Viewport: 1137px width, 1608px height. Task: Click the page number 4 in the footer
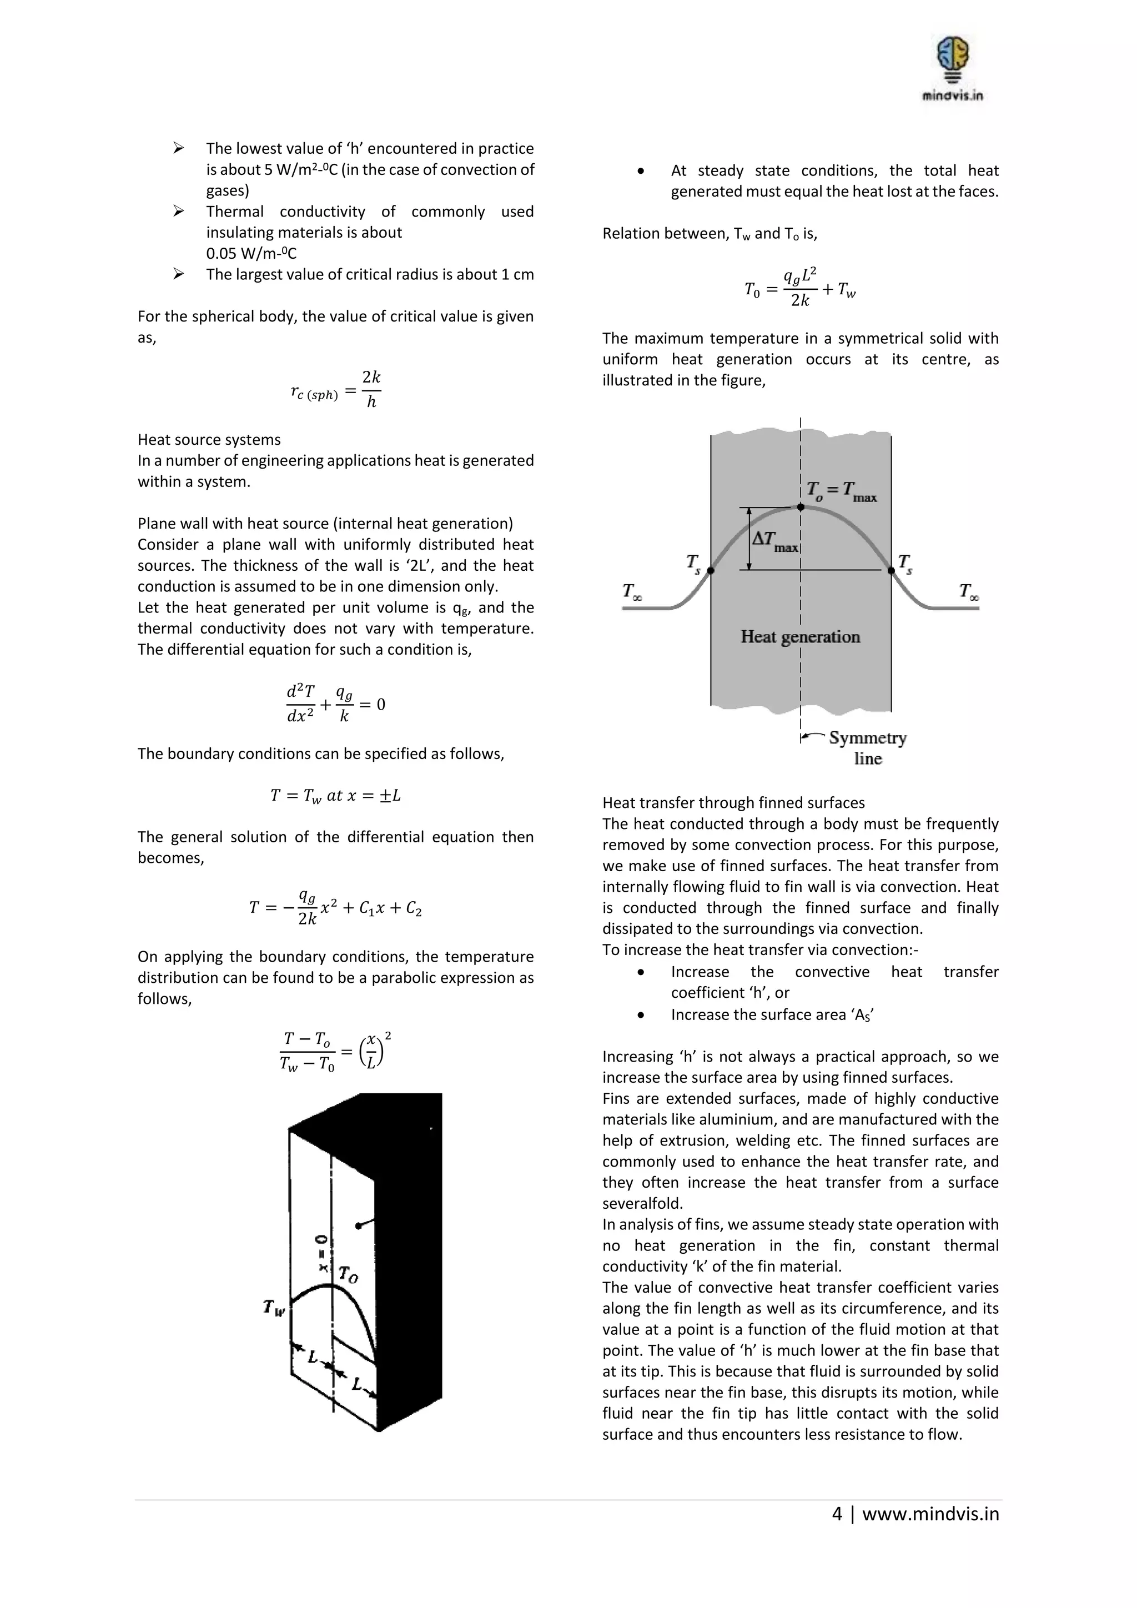click(x=837, y=1514)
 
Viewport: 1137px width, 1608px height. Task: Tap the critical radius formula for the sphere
click(x=335, y=389)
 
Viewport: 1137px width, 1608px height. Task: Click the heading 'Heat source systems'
click(x=209, y=440)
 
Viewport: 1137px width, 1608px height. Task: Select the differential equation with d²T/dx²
click(x=335, y=704)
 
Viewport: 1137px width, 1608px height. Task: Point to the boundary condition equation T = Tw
click(x=335, y=796)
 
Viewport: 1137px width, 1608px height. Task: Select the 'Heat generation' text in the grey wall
click(x=800, y=637)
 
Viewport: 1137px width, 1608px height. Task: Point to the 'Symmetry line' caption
click(x=867, y=747)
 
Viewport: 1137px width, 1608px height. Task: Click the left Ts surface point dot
click(x=711, y=571)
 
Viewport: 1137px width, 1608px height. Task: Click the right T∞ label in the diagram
click(x=969, y=592)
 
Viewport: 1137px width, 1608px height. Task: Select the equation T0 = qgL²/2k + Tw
click(x=800, y=287)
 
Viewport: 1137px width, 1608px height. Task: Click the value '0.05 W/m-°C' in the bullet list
click(x=250, y=254)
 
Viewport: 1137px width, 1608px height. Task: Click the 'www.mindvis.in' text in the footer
click(x=930, y=1514)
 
